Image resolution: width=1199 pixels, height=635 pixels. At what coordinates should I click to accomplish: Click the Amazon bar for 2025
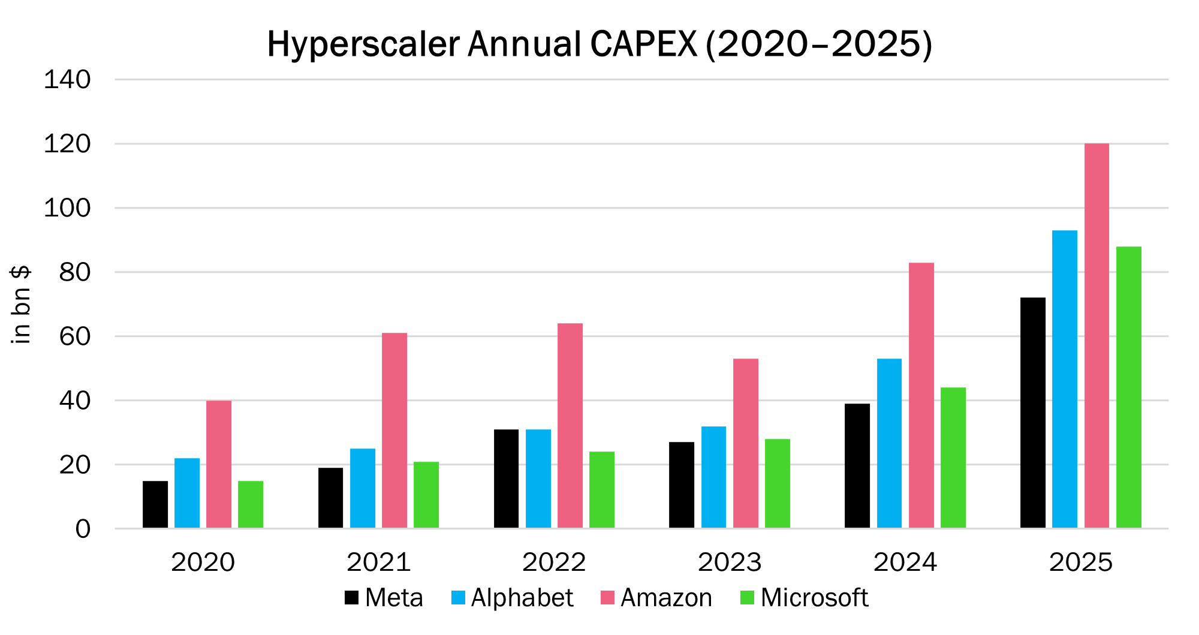pos(1096,336)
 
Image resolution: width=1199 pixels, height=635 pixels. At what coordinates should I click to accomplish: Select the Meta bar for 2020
pos(155,504)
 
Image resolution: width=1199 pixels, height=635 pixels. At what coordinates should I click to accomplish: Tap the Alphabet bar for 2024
pos(889,443)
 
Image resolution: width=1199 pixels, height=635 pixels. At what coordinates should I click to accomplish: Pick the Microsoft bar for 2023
pos(778,483)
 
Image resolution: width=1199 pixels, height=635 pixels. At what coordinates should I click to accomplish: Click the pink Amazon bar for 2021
pos(394,431)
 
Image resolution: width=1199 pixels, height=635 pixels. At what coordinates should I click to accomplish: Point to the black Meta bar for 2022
pos(507,478)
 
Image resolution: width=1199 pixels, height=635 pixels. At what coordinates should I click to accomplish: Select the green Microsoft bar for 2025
pos(1129,387)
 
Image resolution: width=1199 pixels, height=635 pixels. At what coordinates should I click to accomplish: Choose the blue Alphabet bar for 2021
pos(363,488)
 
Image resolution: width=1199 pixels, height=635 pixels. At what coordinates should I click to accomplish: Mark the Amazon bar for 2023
pos(746,443)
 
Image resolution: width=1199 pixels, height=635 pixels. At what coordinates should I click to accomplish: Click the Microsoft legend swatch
pos(748,598)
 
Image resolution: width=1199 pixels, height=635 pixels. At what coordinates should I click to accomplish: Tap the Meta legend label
pos(394,598)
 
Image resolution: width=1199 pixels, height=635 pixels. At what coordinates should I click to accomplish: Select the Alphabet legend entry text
pos(522,598)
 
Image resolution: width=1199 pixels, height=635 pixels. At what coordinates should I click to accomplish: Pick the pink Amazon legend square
pos(607,598)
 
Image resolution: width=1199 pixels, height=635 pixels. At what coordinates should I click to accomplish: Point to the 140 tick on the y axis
pos(67,80)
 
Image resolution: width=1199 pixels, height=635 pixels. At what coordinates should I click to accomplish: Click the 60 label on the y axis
pos(75,336)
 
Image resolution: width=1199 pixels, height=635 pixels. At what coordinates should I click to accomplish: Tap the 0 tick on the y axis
pos(83,529)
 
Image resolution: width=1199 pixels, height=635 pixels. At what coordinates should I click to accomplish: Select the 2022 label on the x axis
pos(554,562)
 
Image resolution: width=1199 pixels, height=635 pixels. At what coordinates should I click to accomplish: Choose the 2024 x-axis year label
pos(905,562)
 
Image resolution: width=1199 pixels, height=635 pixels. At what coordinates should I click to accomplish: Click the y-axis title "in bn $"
pos(21,305)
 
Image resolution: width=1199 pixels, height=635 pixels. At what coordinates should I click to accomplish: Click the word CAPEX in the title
pos(643,44)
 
